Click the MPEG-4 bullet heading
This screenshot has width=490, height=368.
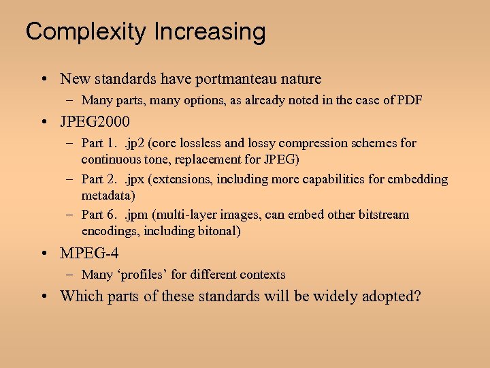(89, 254)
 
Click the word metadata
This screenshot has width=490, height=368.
(108, 196)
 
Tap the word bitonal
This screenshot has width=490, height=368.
(215, 231)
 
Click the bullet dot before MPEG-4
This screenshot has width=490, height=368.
(44, 254)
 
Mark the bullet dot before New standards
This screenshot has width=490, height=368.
(44, 80)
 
